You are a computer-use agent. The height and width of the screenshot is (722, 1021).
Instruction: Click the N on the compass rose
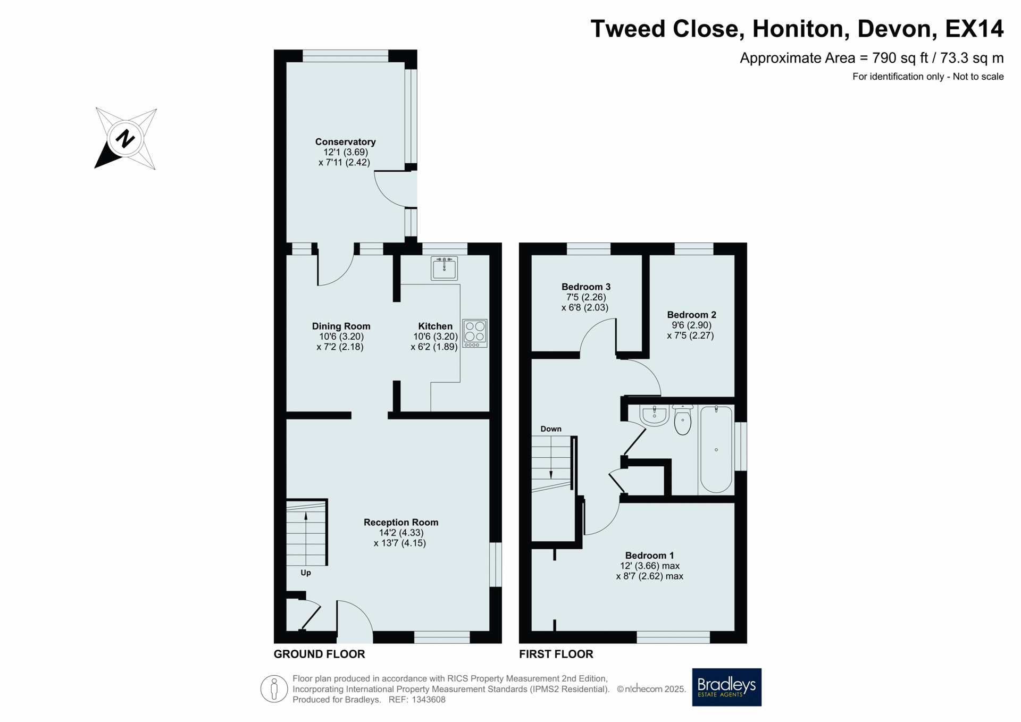[125, 138]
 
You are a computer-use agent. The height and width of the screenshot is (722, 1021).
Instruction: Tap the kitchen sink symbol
[444, 268]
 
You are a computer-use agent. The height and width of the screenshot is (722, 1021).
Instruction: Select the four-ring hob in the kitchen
[475, 333]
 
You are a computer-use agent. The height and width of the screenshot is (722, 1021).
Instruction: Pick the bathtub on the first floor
[716, 449]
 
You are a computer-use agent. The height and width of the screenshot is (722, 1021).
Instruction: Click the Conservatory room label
[345, 142]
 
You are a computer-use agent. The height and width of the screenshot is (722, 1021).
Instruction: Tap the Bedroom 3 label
[585, 287]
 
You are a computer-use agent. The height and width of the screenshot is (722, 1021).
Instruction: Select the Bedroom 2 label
[691, 315]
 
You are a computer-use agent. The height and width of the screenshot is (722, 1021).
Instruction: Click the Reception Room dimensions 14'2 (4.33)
[401, 533]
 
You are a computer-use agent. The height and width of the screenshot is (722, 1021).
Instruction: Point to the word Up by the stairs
[306, 573]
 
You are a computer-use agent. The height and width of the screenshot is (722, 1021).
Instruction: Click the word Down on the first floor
[551, 429]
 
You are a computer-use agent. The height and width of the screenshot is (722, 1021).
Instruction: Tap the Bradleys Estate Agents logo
[726, 687]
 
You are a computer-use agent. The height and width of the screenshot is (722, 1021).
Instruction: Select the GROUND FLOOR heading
[319, 654]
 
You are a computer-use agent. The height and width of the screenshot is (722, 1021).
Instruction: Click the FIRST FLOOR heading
[556, 654]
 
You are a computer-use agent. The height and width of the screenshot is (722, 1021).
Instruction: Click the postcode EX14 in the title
[974, 29]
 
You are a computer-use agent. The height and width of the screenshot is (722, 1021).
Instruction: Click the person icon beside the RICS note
[274, 689]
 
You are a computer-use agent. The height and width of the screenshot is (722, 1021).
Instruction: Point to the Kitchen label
[435, 326]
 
